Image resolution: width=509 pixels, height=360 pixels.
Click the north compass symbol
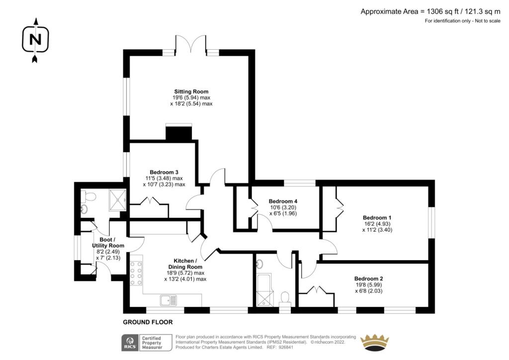(x=35, y=40)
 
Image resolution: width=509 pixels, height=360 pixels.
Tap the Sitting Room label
(x=191, y=91)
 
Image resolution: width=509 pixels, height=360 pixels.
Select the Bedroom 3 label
(x=164, y=172)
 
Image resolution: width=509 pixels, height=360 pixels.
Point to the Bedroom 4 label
(x=283, y=201)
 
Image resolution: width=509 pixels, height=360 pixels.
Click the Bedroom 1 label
(x=377, y=217)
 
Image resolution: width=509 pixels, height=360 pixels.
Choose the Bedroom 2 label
(x=368, y=278)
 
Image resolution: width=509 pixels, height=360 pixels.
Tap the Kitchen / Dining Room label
(x=185, y=264)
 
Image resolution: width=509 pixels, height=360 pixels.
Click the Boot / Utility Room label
(x=108, y=243)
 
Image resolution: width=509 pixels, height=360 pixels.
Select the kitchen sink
(x=169, y=300)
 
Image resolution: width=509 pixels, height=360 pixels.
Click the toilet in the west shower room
(x=89, y=196)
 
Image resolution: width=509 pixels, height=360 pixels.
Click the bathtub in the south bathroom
(x=265, y=290)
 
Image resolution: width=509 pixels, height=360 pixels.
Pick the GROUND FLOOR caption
(x=148, y=322)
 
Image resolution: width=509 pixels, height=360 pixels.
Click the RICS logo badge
(x=147, y=343)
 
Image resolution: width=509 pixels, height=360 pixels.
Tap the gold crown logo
(x=375, y=343)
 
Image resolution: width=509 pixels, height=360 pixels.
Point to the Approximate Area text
(x=430, y=12)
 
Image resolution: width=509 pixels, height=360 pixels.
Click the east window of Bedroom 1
(x=431, y=223)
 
